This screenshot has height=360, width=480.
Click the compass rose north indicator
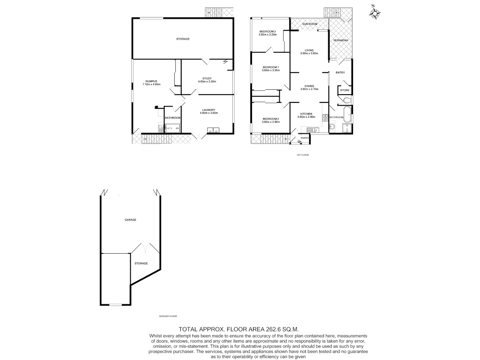point(375,13)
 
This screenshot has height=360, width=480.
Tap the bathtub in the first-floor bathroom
point(348,115)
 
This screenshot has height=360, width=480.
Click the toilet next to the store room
point(346,100)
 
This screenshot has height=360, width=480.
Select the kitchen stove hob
point(325,117)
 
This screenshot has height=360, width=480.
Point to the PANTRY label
point(305,138)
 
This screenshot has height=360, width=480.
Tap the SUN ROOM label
point(310,24)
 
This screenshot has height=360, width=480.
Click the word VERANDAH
point(341,40)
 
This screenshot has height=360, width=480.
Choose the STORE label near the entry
point(345,90)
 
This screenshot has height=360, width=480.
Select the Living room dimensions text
point(309,53)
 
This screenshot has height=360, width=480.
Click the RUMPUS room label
point(151,81)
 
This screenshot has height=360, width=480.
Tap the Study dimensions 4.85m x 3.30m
point(207,81)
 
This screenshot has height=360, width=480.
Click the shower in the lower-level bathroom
point(173,128)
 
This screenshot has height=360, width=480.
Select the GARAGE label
point(130,220)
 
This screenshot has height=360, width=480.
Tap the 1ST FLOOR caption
point(302,155)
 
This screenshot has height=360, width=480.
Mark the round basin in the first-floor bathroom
point(332,127)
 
